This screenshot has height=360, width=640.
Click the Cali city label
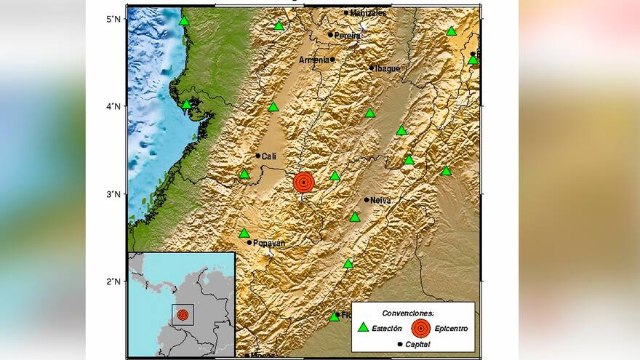[269, 156]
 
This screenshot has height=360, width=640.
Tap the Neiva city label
[380, 200]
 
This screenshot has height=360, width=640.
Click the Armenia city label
[314, 60]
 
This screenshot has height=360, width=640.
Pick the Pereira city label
[348, 35]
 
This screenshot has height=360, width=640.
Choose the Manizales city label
[368, 13]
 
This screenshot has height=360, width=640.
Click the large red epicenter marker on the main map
[305, 183]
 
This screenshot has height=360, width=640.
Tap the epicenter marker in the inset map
[183, 314]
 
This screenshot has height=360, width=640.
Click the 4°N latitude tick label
[112, 106]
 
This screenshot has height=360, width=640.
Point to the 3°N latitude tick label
[112, 194]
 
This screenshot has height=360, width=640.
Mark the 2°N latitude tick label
[112, 281]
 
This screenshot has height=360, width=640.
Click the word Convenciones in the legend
[412, 312]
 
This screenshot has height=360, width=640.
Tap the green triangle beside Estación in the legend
[364, 327]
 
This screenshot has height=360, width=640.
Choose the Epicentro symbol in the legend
[420, 327]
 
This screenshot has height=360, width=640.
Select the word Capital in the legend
[417, 344]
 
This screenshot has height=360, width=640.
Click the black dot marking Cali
[257, 156]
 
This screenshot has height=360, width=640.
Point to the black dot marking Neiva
[367, 199]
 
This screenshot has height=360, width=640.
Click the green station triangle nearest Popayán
[244, 233]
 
